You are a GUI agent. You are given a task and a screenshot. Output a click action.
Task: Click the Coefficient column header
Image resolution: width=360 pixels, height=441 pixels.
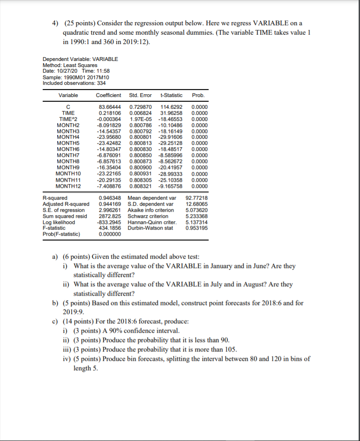coord(108,95)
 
